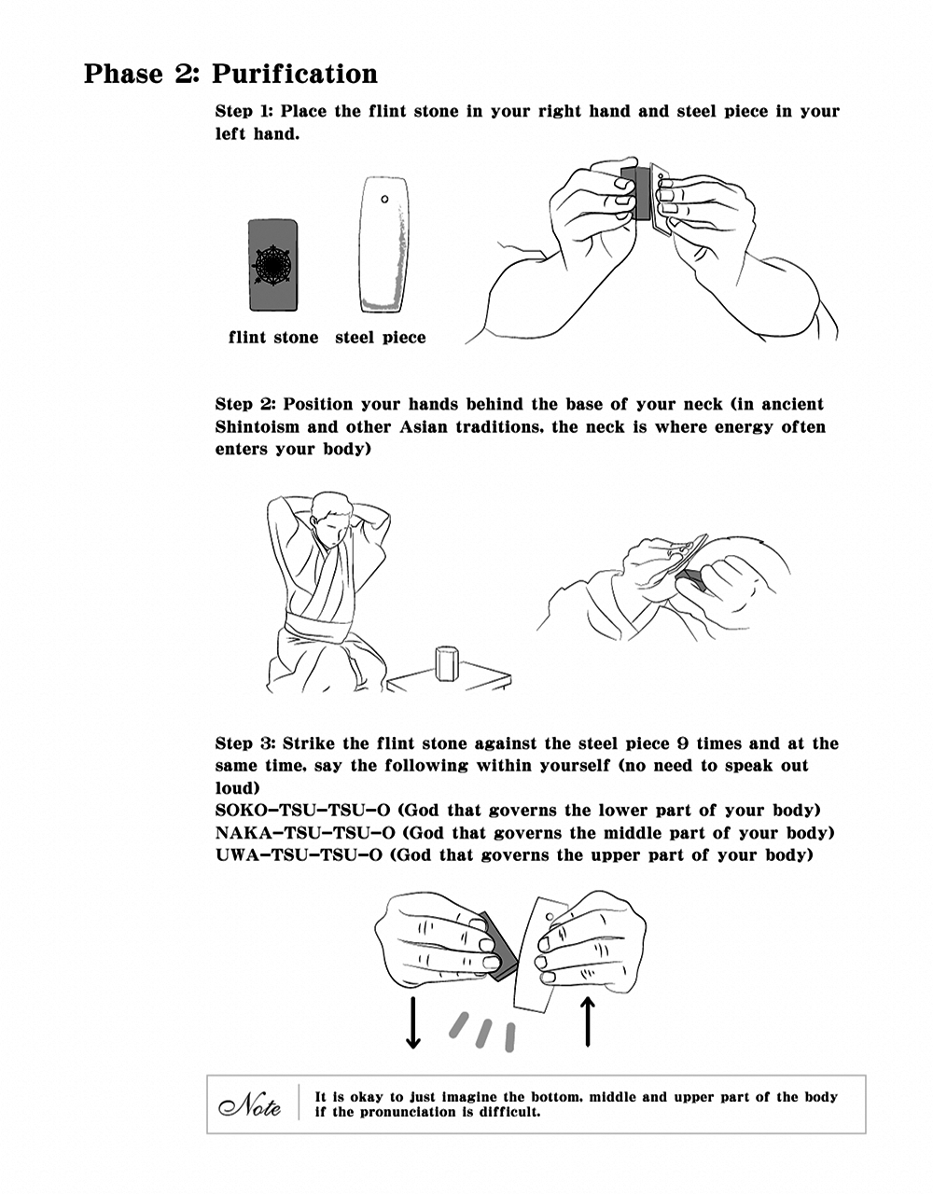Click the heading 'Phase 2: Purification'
coord(230,74)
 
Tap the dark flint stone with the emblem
coord(273,266)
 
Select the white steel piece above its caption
coord(384,244)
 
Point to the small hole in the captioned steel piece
coord(384,199)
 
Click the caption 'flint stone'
coord(273,337)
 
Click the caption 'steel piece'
coord(381,337)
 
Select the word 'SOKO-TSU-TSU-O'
coord(302,811)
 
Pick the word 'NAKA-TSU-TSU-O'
coord(305,833)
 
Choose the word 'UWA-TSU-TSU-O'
coord(299,855)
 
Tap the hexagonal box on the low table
coord(447,662)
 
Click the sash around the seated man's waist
coord(317,626)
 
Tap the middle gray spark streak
coord(483,1033)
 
